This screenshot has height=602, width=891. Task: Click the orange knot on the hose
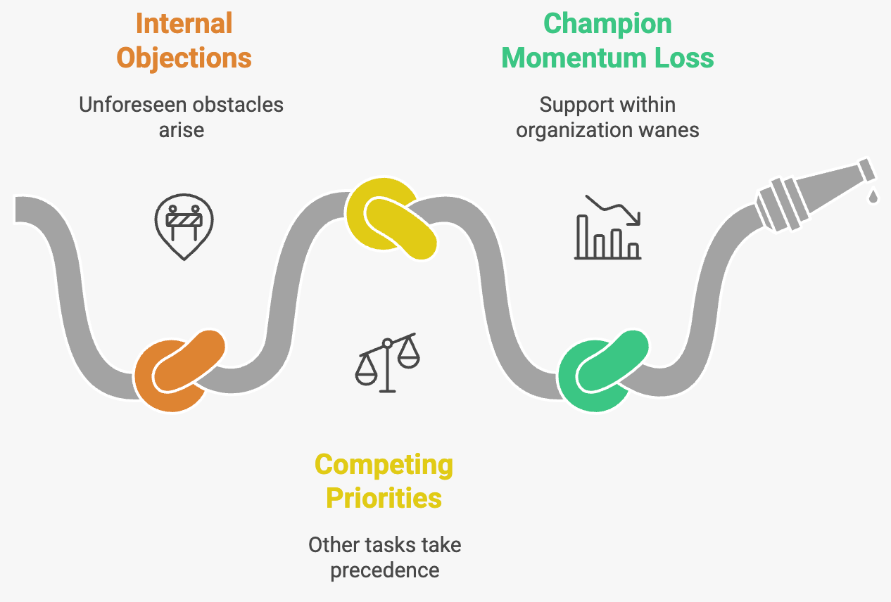pos(179,370)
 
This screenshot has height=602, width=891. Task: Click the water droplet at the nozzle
pos(873,196)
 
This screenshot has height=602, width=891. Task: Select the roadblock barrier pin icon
pos(184,225)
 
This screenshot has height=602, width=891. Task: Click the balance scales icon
pos(386,362)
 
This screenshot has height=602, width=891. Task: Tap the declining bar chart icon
pos(607,228)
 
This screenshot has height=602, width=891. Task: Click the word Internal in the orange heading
pos(184,24)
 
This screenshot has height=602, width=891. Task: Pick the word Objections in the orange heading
pos(184,58)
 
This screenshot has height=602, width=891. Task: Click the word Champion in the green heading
pos(607,24)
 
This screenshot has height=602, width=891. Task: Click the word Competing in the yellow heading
pos(384,465)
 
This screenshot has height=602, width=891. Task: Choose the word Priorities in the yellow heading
pos(384,498)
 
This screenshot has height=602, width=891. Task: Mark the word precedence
pos(384,570)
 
